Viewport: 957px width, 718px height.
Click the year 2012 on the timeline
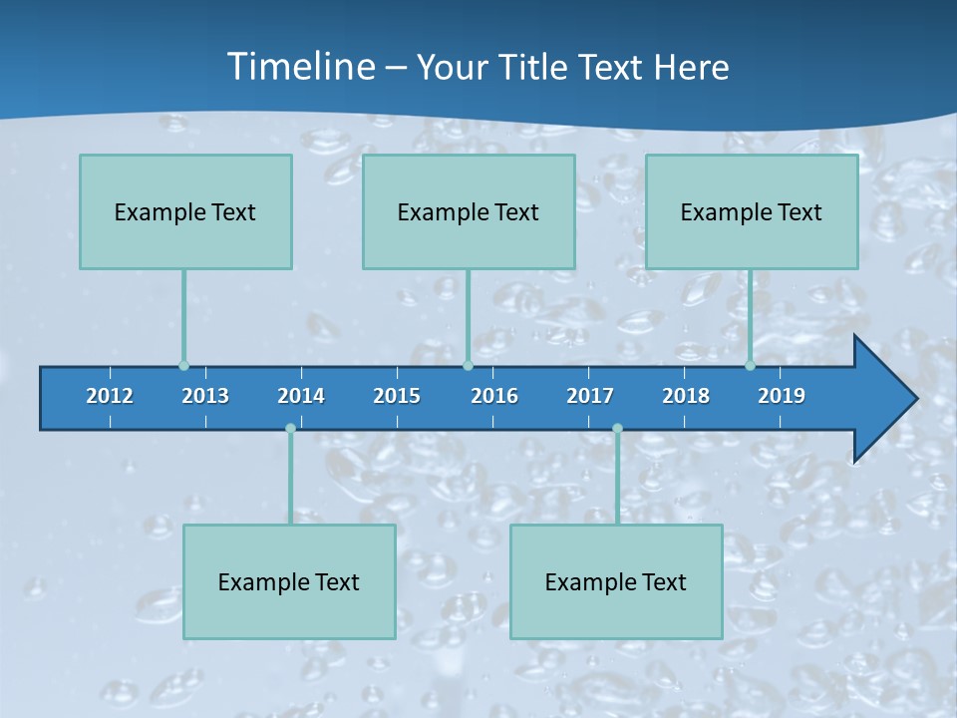tap(110, 396)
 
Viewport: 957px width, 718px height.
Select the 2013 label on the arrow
tap(205, 396)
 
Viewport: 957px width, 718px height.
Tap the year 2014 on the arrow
tap(301, 396)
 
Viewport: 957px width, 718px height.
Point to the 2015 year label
tap(397, 396)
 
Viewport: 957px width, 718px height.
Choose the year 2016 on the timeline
tap(494, 396)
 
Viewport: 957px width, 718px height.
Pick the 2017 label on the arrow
tap(590, 396)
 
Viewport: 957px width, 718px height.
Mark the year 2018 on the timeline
tap(686, 396)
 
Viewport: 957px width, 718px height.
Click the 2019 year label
tap(782, 396)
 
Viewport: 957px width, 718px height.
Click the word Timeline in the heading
tap(299, 67)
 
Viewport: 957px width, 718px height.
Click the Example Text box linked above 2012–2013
tap(185, 211)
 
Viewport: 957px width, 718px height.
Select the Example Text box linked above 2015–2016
tap(469, 211)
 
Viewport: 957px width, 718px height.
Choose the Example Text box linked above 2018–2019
tap(752, 211)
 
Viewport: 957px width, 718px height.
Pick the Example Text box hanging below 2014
tap(289, 581)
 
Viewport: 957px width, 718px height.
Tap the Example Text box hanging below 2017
tap(616, 581)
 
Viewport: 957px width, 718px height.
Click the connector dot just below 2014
tap(290, 429)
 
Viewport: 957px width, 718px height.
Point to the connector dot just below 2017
tap(617, 429)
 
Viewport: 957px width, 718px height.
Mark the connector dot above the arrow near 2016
tap(468, 366)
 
